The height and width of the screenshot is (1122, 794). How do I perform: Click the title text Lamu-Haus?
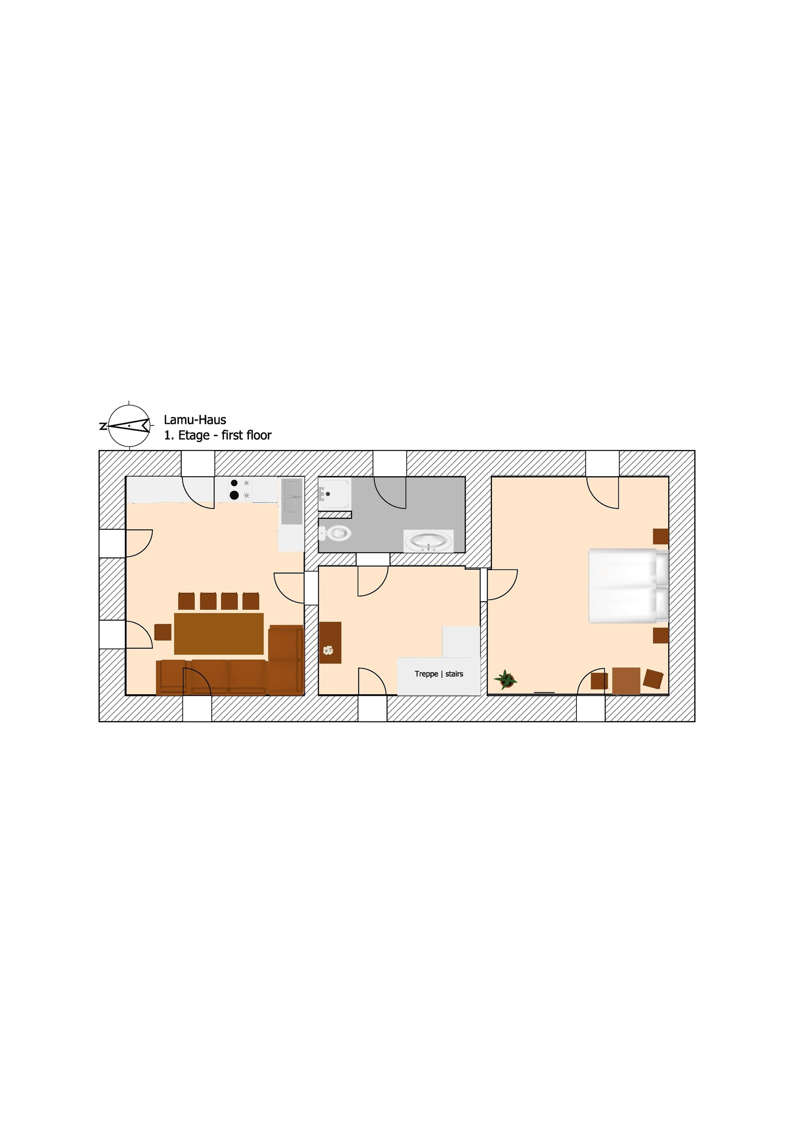click(x=195, y=420)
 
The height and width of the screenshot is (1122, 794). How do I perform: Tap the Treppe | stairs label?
click(x=439, y=674)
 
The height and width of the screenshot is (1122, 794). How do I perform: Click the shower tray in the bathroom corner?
click(x=334, y=494)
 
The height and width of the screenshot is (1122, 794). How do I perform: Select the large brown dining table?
click(x=219, y=633)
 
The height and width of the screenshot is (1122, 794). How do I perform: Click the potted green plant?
click(x=505, y=679)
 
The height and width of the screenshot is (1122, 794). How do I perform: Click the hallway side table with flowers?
click(x=330, y=643)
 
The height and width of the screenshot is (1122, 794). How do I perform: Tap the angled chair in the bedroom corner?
click(x=653, y=679)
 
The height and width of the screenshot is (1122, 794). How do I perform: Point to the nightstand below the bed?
click(x=661, y=635)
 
